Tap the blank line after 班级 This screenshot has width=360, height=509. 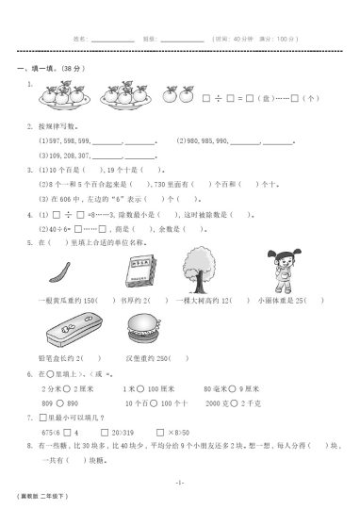coord(182,41)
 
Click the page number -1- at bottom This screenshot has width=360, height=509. coord(179,481)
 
